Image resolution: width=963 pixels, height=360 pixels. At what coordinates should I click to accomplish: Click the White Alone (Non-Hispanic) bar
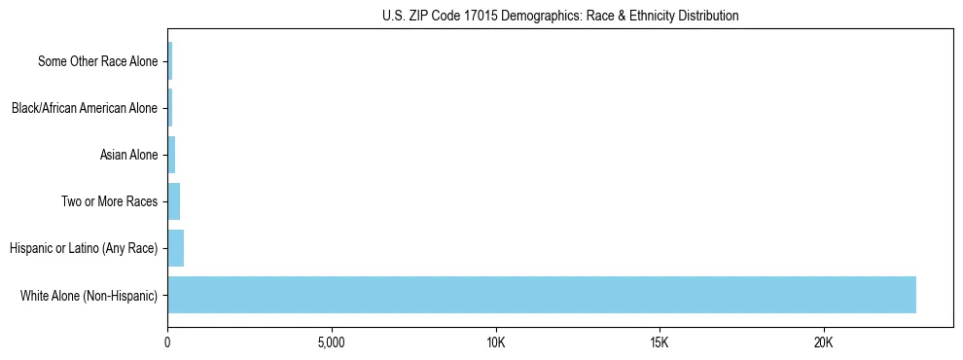pyautogui.click(x=542, y=295)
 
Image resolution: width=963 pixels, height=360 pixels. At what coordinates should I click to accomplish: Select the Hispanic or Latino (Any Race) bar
pyautogui.click(x=176, y=248)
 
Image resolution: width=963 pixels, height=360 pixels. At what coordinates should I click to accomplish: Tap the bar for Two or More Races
pyautogui.click(x=174, y=201)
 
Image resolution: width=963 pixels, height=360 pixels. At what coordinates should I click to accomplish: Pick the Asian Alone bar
pyautogui.click(x=171, y=155)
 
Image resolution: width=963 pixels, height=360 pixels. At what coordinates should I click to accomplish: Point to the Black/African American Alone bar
pyautogui.click(x=170, y=108)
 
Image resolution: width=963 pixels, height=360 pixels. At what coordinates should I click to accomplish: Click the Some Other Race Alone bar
pyautogui.click(x=170, y=61)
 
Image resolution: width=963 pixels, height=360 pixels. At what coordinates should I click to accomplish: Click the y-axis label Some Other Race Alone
pyautogui.click(x=97, y=61)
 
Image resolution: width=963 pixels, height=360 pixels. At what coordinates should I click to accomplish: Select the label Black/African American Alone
pyautogui.click(x=85, y=108)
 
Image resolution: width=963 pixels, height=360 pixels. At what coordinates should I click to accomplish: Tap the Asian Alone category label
pyautogui.click(x=128, y=155)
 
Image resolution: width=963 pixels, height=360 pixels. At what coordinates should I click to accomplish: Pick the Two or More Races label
pyautogui.click(x=109, y=201)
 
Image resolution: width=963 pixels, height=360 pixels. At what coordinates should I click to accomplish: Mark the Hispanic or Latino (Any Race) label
pyautogui.click(x=84, y=248)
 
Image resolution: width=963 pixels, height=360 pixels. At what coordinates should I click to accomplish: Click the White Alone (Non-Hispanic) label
pyautogui.click(x=89, y=295)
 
